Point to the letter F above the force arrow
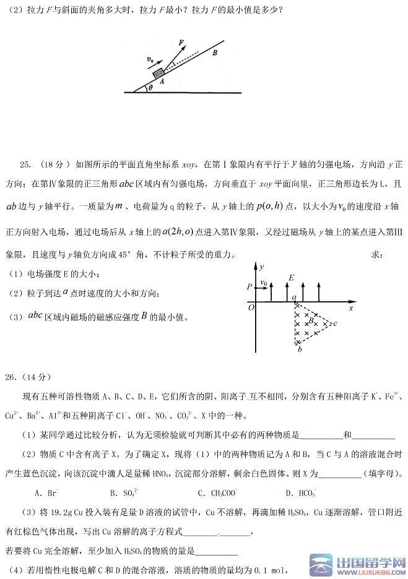[x=181, y=42]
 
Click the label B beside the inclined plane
[x=214, y=53]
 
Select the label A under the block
[x=162, y=81]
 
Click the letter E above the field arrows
[x=290, y=278]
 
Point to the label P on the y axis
[x=249, y=286]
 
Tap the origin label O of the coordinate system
[x=250, y=307]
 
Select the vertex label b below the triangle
[x=299, y=350]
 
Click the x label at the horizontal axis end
[x=351, y=307]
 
